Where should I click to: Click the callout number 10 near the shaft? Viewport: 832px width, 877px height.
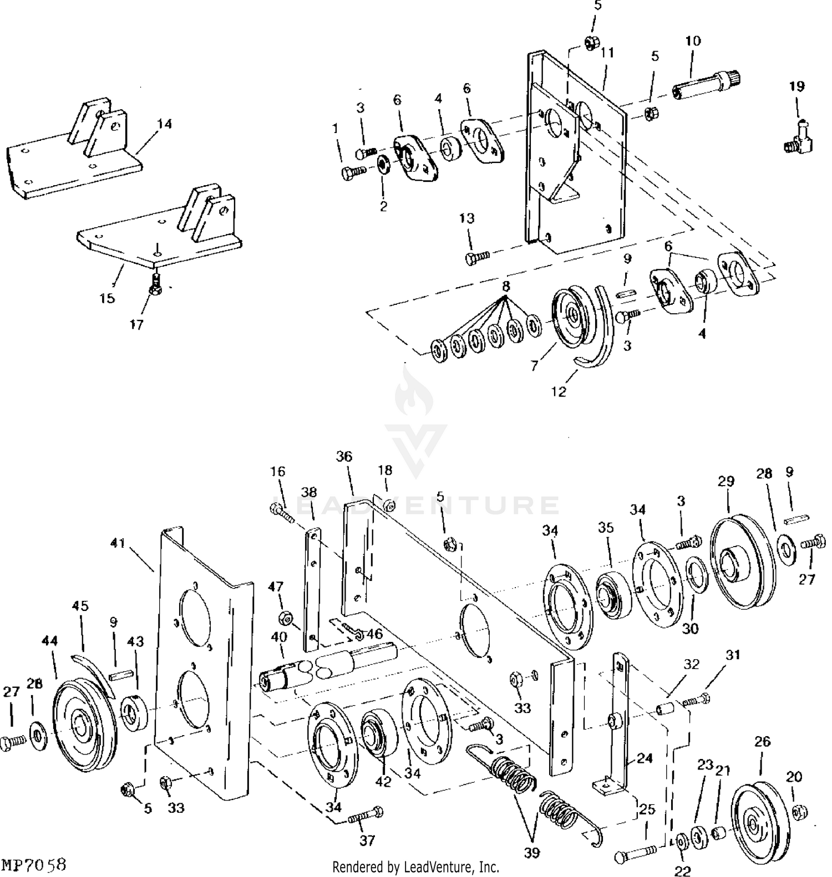pos(693,41)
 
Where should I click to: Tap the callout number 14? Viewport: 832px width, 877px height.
pos(164,124)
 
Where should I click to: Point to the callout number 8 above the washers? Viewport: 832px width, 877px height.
pos(505,287)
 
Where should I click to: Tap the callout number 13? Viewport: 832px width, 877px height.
pos(467,218)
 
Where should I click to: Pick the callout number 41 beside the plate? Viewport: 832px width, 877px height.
pos(118,543)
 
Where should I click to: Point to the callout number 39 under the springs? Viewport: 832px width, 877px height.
pos(531,852)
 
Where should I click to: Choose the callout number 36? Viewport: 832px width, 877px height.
pos(344,456)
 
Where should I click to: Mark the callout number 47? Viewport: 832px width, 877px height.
pos(276,587)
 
